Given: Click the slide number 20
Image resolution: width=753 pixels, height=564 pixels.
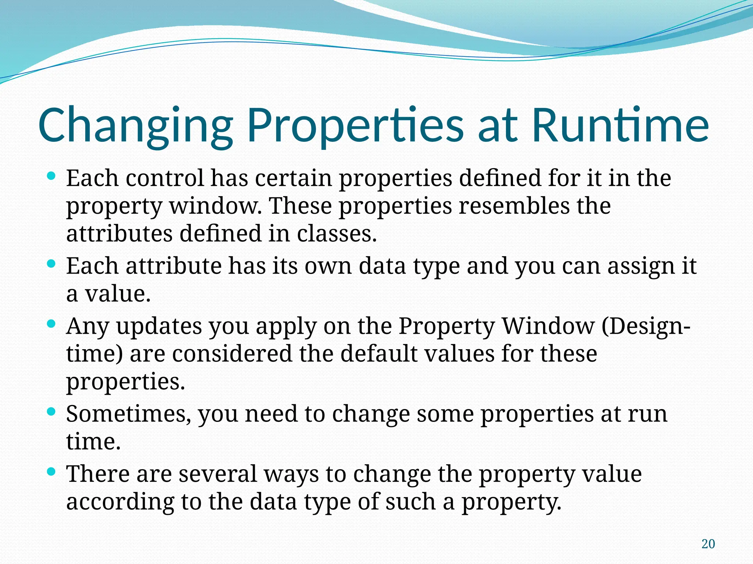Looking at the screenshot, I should [x=708, y=544].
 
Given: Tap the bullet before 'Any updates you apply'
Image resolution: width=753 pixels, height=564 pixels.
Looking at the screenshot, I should [x=51, y=323].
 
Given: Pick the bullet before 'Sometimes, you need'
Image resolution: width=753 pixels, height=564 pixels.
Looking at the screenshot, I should [x=51, y=411].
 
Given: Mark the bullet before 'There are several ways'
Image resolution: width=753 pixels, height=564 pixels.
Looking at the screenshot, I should [x=51, y=471].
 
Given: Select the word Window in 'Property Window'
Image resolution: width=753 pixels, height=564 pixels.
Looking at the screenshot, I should [x=548, y=326].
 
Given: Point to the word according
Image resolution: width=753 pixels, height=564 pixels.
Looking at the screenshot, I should [x=120, y=502].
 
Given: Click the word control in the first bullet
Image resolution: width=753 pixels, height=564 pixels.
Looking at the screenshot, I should [x=164, y=178].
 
